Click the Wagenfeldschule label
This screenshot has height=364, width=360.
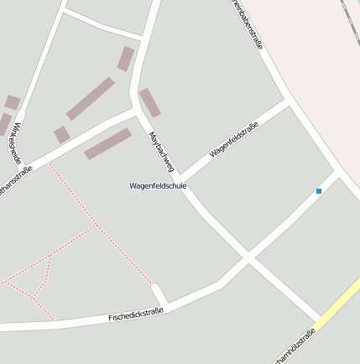[x=158, y=185]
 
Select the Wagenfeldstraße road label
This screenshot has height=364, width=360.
[x=233, y=140]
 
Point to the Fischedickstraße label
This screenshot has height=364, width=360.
[x=135, y=314]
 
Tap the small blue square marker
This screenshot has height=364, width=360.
[x=319, y=192]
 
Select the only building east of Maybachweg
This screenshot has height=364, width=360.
[x=149, y=102]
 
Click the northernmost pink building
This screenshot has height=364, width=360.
[x=126, y=59]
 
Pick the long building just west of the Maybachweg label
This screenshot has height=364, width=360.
[x=108, y=143]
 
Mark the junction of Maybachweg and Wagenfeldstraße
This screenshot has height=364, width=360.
[x=181, y=179]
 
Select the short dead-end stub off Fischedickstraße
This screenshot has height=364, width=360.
[x=159, y=294]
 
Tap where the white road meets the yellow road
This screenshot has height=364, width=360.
[x=321, y=320]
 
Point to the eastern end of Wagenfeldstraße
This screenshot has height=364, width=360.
[x=286, y=101]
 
